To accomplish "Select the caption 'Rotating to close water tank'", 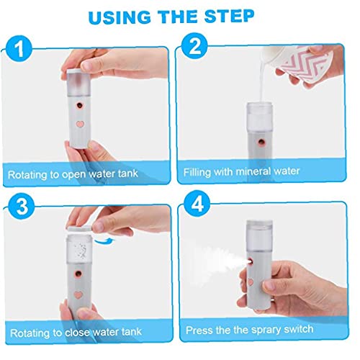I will (76, 330).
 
